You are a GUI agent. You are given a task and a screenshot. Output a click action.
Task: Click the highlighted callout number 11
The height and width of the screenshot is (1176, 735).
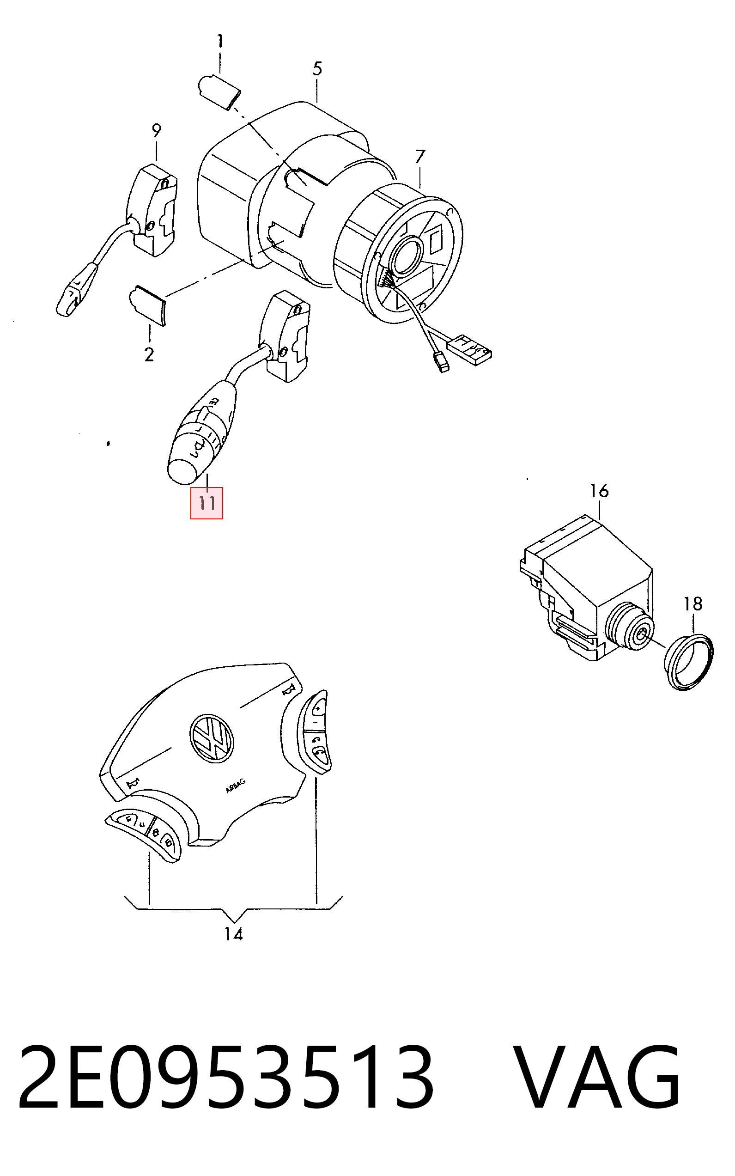point(207,503)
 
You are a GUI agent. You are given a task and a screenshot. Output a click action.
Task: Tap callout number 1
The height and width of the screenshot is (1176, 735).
point(220,41)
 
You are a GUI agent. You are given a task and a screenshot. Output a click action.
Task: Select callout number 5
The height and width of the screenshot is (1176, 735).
point(317,68)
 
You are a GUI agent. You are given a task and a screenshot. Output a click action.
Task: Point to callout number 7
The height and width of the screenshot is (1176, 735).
point(420,157)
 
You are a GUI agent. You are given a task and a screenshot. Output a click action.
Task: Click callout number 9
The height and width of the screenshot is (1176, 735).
point(156,131)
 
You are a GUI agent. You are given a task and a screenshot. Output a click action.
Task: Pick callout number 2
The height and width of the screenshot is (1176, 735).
point(149,354)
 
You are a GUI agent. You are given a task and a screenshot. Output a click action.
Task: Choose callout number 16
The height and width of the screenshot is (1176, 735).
point(599,491)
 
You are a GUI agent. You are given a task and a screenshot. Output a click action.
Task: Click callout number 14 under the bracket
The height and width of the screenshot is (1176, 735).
point(233,934)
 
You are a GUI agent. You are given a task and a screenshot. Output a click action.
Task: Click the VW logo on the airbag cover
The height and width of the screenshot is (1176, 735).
point(212,739)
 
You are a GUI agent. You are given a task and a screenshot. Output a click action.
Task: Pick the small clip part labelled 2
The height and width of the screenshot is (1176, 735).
point(147,305)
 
